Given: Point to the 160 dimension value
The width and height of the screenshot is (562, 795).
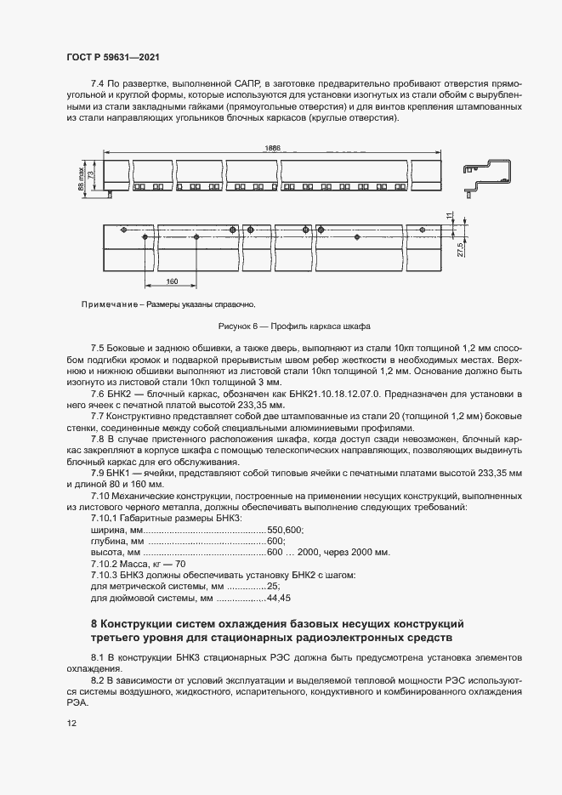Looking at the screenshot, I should click(x=172, y=281).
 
